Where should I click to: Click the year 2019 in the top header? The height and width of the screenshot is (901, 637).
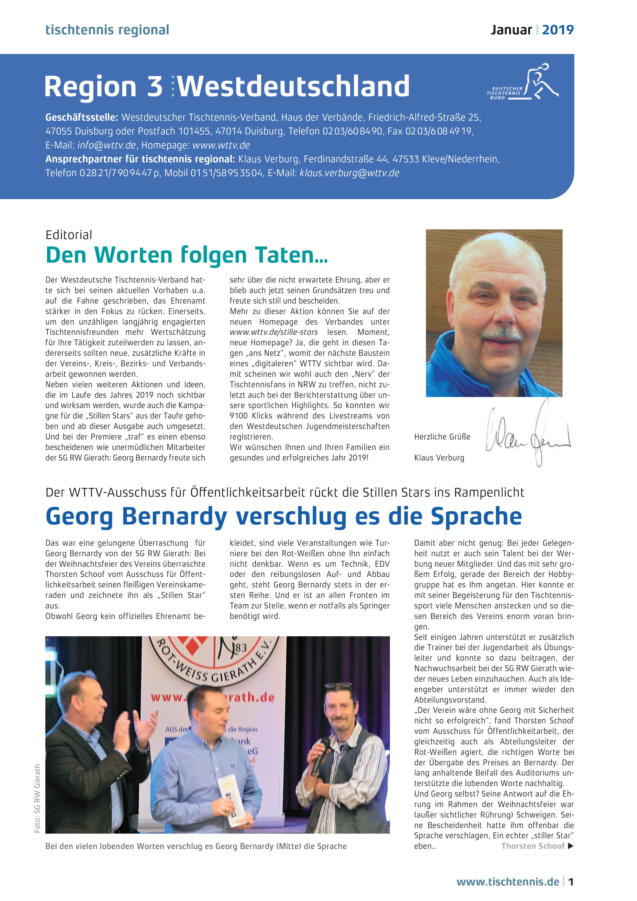click(557, 30)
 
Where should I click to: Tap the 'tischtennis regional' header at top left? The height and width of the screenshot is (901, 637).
click(107, 30)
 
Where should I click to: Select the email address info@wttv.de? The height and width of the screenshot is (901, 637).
click(106, 145)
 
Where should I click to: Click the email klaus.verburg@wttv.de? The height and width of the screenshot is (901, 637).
click(349, 173)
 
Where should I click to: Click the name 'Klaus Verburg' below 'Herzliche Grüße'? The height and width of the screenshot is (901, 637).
click(439, 458)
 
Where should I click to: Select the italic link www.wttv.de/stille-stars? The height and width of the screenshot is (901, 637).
click(274, 332)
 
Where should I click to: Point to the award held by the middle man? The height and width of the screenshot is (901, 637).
click(234, 801)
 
